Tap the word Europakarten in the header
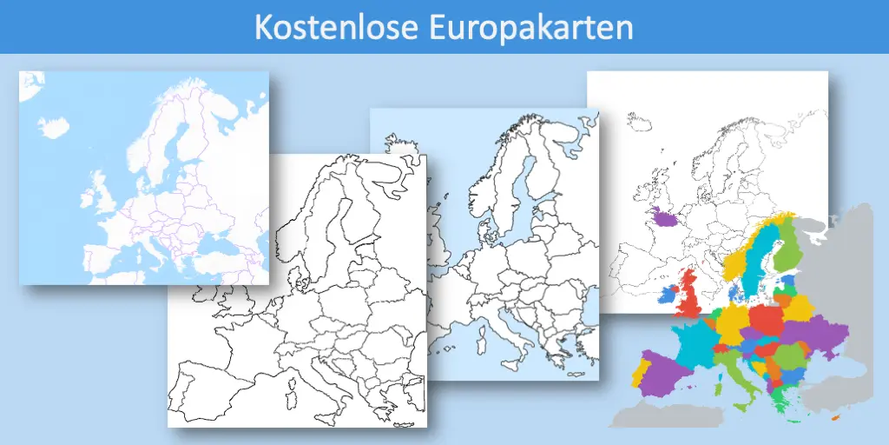[x=530, y=27]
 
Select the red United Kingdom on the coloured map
[x=689, y=296]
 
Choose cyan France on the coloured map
[x=695, y=341]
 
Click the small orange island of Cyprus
[x=837, y=421]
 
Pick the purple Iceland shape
[x=666, y=217]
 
